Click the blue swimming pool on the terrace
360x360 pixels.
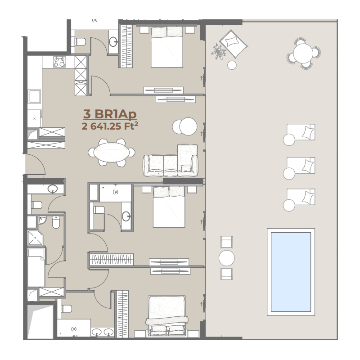click(291, 272)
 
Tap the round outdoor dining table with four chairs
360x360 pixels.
click(303, 54)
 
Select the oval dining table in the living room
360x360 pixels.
click(112, 153)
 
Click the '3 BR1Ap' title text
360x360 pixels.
click(110, 114)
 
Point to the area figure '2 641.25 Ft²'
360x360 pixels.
click(110, 126)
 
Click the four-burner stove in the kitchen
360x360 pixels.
click(59, 62)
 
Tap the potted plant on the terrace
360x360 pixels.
click(218, 52)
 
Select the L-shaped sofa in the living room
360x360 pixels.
click(171, 161)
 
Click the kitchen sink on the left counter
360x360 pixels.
click(35, 96)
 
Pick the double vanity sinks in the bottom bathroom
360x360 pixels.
click(103, 332)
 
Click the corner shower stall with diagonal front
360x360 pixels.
click(35, 238)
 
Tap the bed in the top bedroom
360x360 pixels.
click(167, 47)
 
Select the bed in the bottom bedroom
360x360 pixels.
click(167, 316)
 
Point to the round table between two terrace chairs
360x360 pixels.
click(227, 258)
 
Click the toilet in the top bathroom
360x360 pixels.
click(81, 42)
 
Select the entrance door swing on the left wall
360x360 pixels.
click(36, 163)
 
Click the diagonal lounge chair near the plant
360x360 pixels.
click(233, 44)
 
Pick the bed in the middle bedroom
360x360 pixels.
click(169, 207)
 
